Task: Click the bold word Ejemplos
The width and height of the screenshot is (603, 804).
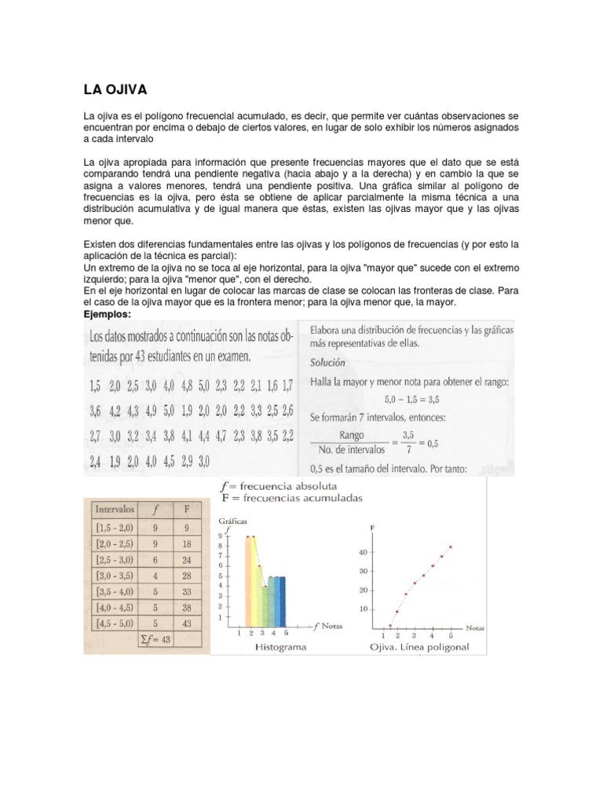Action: [108, 314]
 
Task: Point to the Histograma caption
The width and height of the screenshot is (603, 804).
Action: [280, 649]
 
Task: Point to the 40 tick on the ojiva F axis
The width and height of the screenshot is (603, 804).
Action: [362, 552]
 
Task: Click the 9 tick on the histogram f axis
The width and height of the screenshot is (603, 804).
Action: [221, 535]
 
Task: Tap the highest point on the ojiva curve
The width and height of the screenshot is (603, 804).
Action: [451, 546]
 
